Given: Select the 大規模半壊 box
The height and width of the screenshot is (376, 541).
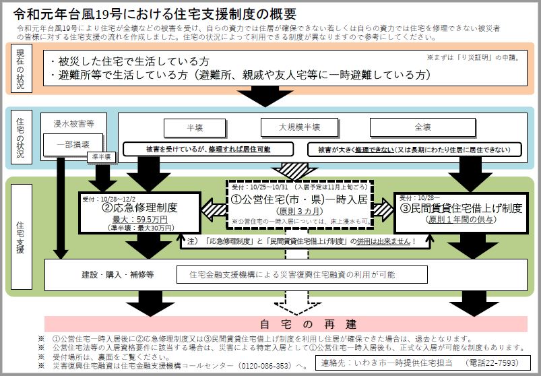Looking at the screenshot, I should pyautogui.click(x=299, y=127).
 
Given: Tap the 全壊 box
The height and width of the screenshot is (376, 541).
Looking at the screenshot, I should pyautogui.click(x=422, y=127).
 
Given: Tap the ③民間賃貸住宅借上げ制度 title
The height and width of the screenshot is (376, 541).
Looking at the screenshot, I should pyautogui.click(x=461, y=208).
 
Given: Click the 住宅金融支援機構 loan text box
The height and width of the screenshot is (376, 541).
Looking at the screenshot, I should pyautogui.click(x=302, y=274).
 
